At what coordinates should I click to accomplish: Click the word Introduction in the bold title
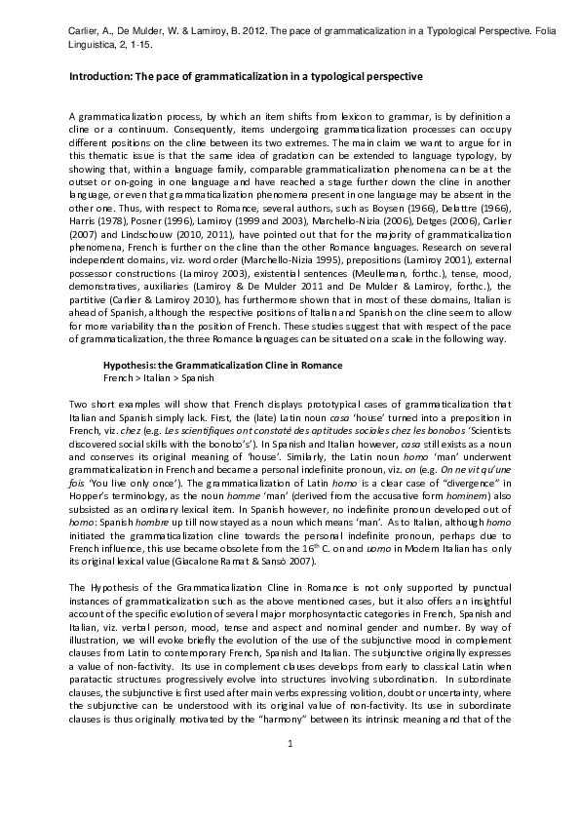[x=102, y=76]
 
